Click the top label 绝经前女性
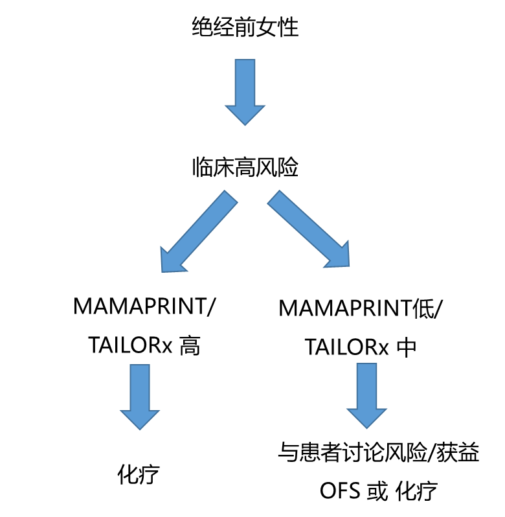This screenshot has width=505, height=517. click(x=245, y=27)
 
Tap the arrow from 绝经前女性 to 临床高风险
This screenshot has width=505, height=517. click(x=245, y=92)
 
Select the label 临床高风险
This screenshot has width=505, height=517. click(x=245, y=167)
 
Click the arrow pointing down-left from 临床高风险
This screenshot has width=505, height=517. click(x=199, y=231)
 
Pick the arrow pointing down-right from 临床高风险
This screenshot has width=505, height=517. click(x=308, y=229)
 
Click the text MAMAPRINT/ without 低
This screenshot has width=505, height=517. click(x=144, y=306)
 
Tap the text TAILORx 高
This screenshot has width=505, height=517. click(x=144, y=345)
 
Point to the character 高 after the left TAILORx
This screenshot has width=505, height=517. click(x=190, y=345)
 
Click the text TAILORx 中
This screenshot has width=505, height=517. click(x=361, y=347)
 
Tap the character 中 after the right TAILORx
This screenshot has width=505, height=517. click(x=407, y=347)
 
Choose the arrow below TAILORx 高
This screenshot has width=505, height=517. click(x=140, y=397)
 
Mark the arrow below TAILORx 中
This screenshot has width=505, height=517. click(x=366, y=396)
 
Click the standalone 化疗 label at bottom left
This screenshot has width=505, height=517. click(x=139, y=474)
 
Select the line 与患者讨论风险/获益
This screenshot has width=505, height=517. click(x=379, y=452)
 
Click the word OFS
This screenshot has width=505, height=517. click(x=340, y=490)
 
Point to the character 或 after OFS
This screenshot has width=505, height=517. click(x=377, y=490)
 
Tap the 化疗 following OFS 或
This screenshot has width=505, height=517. click(x=416, y=490)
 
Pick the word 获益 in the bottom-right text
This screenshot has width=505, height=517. click(x=458, y=452)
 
